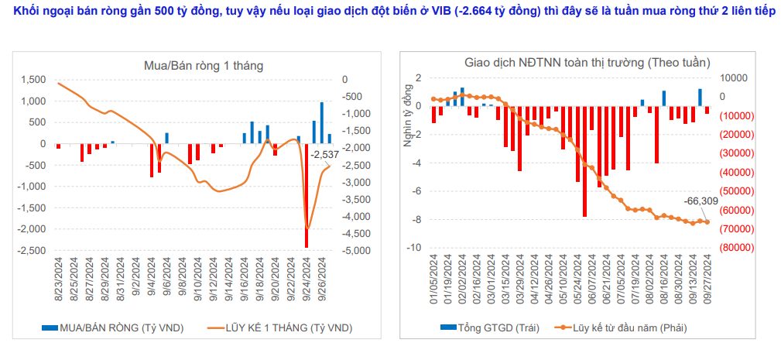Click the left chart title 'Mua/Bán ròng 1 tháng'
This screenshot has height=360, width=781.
tap(204, 66)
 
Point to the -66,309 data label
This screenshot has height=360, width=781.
tap(701, 201)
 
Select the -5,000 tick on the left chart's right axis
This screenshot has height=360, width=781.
tap(356, 251)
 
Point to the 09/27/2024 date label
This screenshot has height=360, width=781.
tap(707, 283)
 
